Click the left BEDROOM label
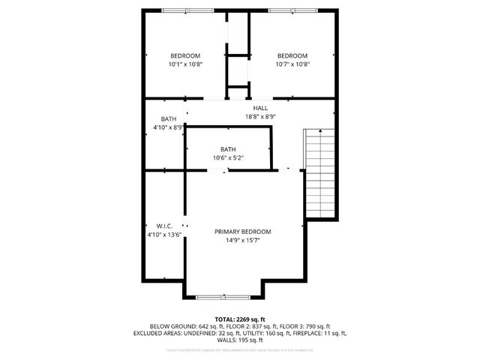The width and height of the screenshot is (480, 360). (x=184, y=55)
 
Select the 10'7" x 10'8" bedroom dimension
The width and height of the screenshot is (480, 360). (x=292, y=64)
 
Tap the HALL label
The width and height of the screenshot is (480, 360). (x=260, y=108)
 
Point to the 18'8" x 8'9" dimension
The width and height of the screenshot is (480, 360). (x=260, y=116)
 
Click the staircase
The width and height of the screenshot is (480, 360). (x=318, y=172)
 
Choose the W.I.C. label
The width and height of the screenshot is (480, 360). (x=165, y=226)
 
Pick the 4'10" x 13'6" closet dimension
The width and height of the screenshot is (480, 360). (x=165, y=235)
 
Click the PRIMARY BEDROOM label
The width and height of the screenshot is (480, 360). (x=242, y=232)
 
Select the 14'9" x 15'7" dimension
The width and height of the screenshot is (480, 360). (x=242, y=241)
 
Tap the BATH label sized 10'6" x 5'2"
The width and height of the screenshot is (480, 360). (x=228, y=148)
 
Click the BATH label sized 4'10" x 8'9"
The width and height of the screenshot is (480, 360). (x=169, y=118)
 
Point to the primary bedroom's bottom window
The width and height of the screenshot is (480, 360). (x=223, y=298)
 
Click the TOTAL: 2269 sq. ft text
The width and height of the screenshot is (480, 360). (x=240, y=319)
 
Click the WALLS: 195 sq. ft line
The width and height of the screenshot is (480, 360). (x=240, y=340)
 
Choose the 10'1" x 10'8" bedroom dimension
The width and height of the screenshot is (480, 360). (x=184, y=64)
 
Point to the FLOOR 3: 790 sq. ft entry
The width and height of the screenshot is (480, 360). (x=302, y=326)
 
